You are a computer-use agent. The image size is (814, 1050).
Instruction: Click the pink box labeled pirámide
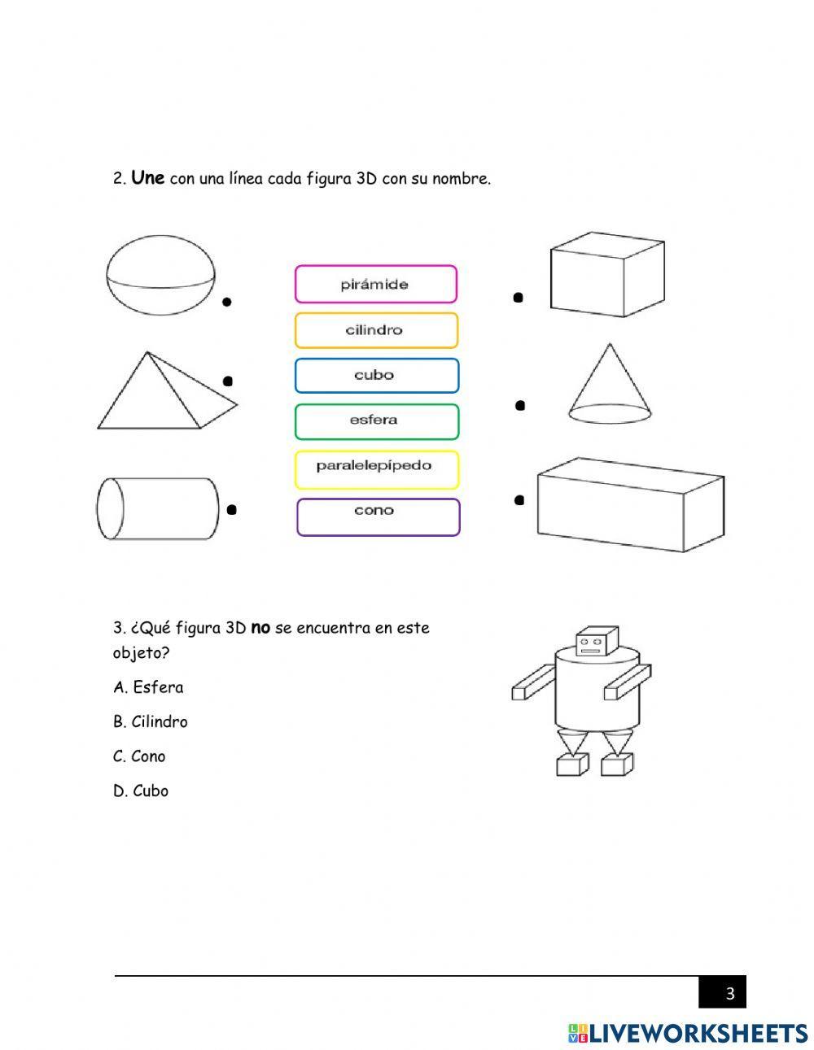point(375,285)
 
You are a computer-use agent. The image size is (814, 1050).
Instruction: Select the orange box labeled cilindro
point(376,330)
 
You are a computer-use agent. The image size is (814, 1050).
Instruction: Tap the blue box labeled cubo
point(376,376)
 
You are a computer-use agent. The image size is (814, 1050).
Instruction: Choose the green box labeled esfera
point(376,421)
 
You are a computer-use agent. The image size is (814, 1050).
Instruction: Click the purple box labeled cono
point(378,516)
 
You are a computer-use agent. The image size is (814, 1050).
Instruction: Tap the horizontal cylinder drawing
point(158,509)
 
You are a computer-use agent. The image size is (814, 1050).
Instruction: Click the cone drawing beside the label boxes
point(609,385)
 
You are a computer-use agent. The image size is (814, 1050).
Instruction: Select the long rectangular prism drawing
point(629,504)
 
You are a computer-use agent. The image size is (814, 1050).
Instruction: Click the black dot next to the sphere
point(227,302)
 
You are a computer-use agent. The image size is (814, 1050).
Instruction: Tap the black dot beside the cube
point(518,298)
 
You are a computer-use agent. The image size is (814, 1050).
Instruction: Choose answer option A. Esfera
point(148,687)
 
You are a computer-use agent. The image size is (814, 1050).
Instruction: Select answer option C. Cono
point(139,756)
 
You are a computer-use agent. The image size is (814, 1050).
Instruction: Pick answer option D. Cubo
point(141,791)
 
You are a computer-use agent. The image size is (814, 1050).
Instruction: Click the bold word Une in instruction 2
point(147,177)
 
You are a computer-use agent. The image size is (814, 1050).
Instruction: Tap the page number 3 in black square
point(729,993)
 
